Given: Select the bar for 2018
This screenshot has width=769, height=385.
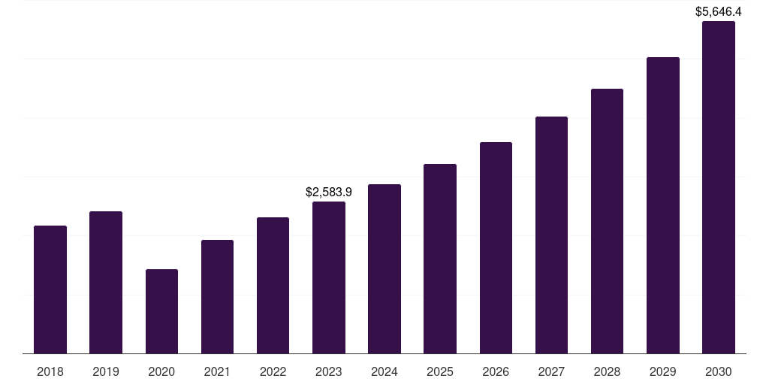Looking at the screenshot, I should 50,290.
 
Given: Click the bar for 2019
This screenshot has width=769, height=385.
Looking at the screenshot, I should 106,282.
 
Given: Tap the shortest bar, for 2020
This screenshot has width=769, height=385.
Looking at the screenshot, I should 161,311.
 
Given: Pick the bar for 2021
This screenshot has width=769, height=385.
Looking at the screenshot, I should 217,296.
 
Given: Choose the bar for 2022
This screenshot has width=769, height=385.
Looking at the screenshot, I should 273,285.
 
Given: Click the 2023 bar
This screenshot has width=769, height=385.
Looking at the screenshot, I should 329,277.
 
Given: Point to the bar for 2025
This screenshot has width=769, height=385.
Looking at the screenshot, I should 440,259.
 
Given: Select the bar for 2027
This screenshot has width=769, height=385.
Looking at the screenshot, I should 551,235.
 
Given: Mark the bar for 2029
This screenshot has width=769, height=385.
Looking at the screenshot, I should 663,205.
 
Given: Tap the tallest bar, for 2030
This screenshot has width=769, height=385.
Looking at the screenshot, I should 719,187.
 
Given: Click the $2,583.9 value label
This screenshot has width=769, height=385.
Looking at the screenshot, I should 329,192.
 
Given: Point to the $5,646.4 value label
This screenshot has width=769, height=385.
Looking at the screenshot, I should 719,12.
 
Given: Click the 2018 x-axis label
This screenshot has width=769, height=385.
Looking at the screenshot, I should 50,371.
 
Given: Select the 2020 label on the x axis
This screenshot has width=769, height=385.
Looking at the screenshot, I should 161,371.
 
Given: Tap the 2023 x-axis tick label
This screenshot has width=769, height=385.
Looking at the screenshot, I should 329,371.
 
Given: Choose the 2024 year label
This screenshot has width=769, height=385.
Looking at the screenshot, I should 384,371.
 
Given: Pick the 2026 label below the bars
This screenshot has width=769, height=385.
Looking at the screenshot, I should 496,371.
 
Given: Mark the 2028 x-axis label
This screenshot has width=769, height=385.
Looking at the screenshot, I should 607,371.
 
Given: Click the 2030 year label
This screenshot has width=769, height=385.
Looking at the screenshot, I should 719,371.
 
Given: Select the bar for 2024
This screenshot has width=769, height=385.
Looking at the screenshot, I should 384,268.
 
